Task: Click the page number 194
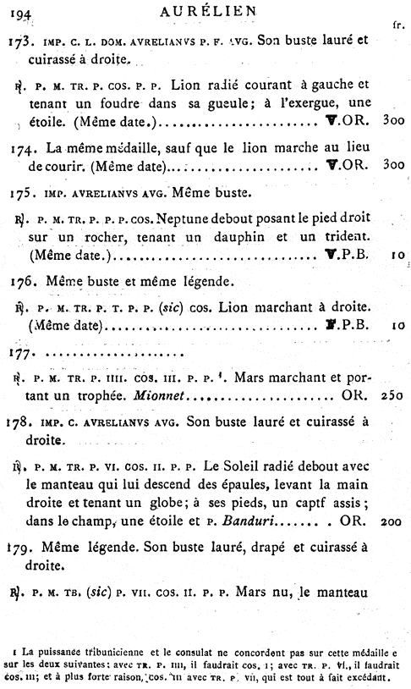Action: (17, 13)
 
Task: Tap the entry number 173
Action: (19, 40)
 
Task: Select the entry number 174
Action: (19, 149)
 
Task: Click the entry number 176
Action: (19, 280)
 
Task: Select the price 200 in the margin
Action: (391, 524)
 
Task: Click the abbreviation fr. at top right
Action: (398, 26)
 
